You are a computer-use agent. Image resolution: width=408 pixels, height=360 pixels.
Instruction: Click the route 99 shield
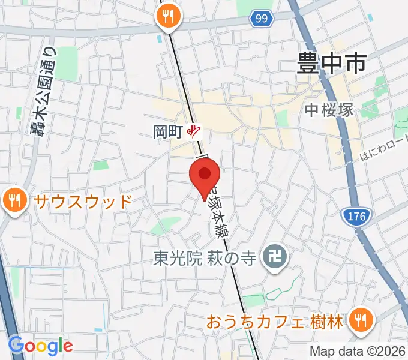point(260,19)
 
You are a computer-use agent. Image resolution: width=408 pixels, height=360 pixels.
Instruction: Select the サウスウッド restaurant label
point(83,201)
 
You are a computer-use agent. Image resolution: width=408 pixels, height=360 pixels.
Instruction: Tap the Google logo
point(40,346)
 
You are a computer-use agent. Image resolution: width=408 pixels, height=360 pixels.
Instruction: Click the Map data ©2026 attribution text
point(358,351)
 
